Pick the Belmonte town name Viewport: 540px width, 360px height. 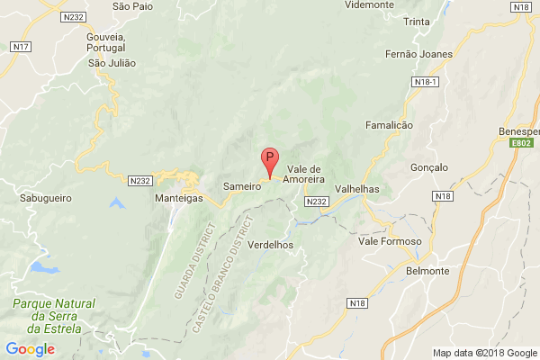(x=428, y=271)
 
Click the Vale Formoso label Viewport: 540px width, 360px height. (x=390, y=241)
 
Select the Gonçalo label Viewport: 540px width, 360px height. (x=428, y=167)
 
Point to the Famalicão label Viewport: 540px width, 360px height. (x=389, y=125)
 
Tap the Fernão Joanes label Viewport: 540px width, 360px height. (x=413, y=54)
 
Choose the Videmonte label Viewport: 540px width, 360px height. (x=369, y=4)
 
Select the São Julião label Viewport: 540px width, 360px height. (x=111, y=63)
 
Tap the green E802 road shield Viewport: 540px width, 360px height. (x=520, y=143)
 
